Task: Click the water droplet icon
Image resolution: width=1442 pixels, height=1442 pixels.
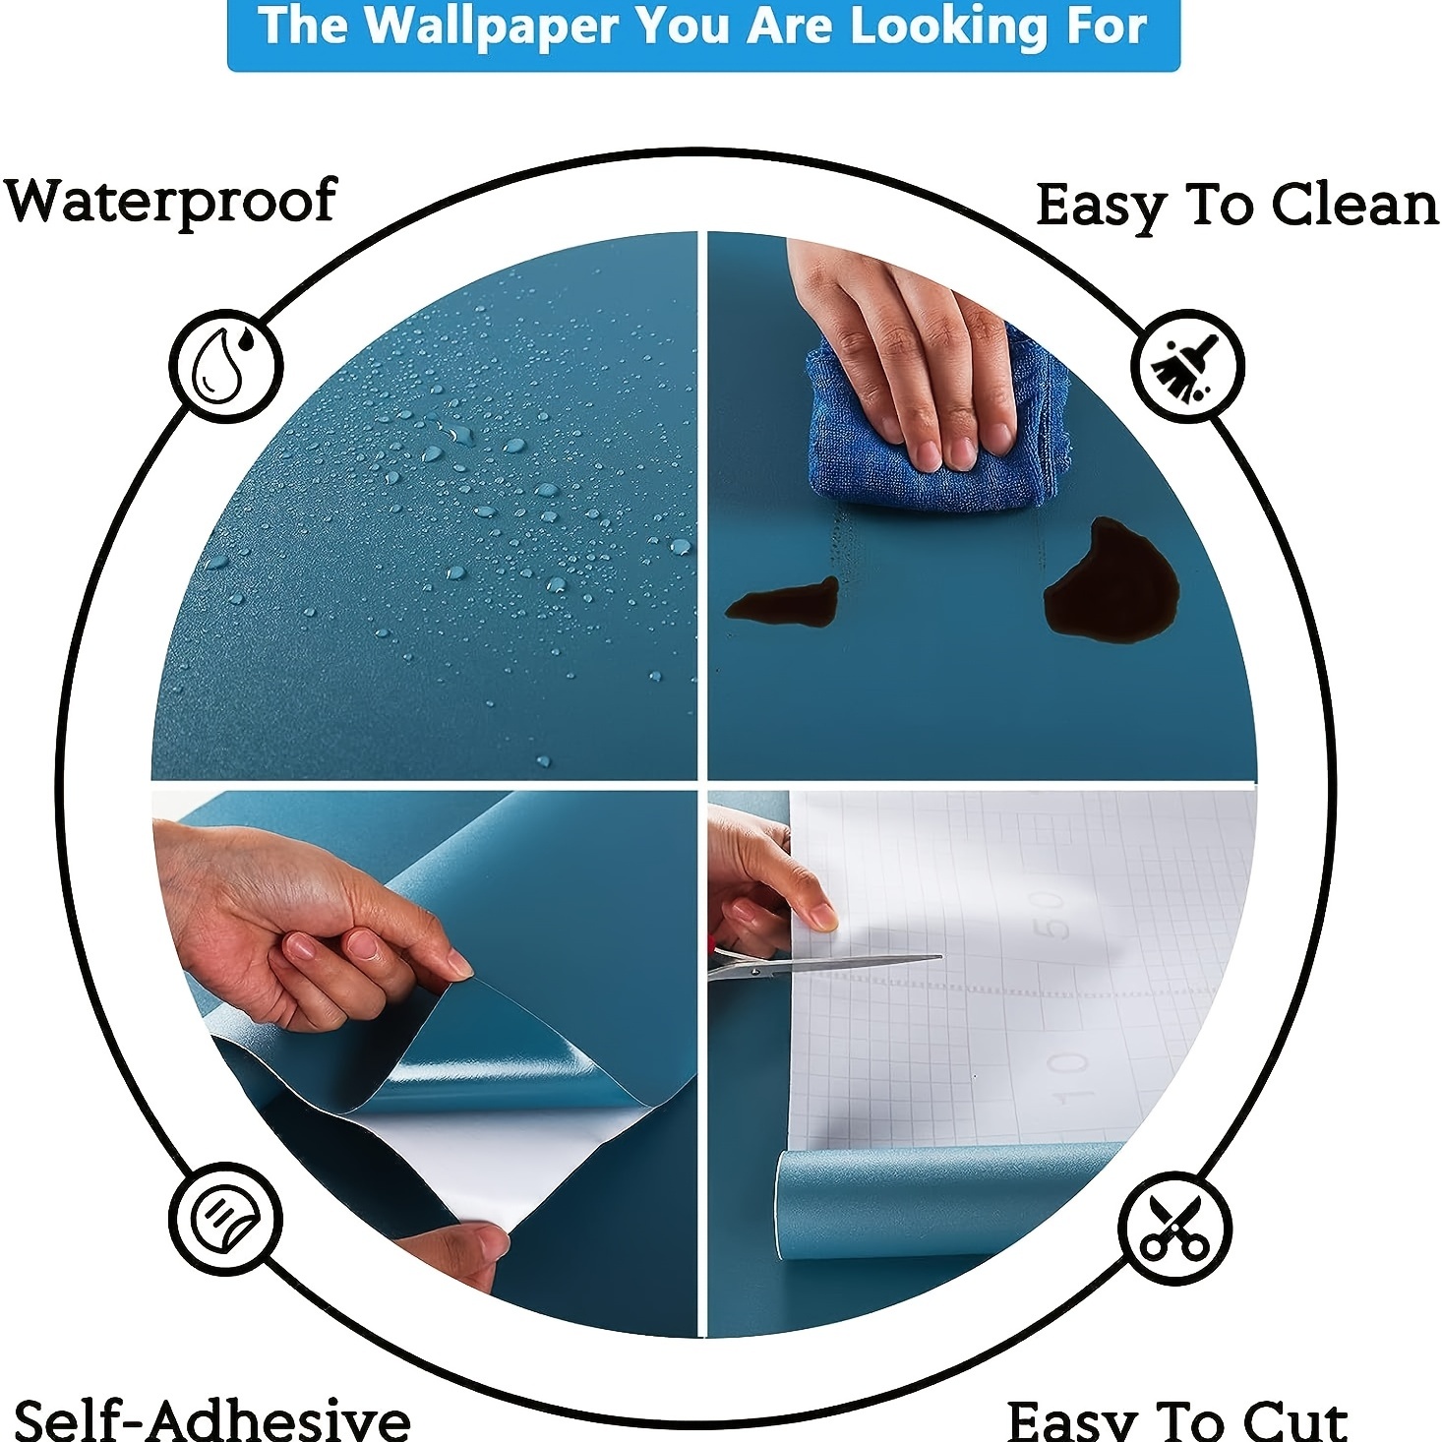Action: coord(226,367)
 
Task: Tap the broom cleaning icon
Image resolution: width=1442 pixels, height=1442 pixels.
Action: coord(1187,366)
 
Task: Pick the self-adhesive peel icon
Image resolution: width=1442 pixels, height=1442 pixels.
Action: coord(225,1220)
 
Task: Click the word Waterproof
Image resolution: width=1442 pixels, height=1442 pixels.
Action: coord(171,203)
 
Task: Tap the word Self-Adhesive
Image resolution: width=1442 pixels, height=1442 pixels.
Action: coord(211,1418)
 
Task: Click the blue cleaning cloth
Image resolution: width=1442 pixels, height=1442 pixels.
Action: coord(934,433)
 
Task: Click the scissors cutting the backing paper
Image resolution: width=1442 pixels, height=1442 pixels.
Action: coord(816,965)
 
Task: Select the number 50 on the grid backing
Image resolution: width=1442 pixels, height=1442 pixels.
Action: coord(1050,914)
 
